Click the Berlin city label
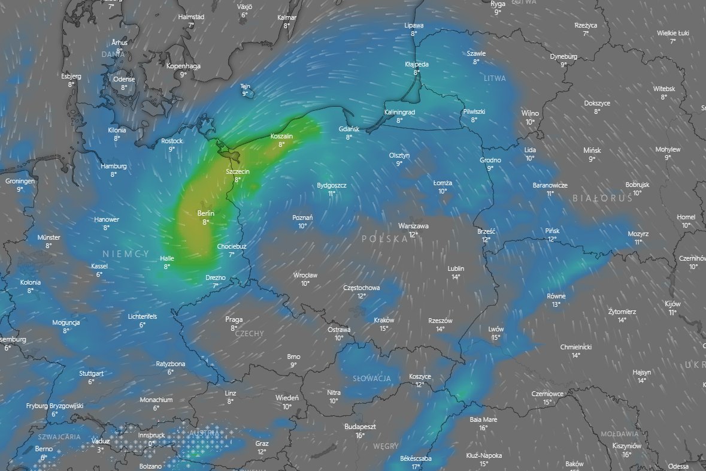205,213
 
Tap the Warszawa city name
413,226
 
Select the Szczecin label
237,171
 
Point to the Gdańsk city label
349,129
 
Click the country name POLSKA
380,238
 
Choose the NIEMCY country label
125,254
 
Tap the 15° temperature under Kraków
384,328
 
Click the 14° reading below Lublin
456,277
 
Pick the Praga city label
234,319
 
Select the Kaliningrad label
399,112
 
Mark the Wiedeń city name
287,398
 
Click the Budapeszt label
360,427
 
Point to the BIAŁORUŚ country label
602,198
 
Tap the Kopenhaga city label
183,66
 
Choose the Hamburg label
114,166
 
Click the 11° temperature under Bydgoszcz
332,194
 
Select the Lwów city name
496,329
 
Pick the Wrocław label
305,275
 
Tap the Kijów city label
672,304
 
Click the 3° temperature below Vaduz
100,449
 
